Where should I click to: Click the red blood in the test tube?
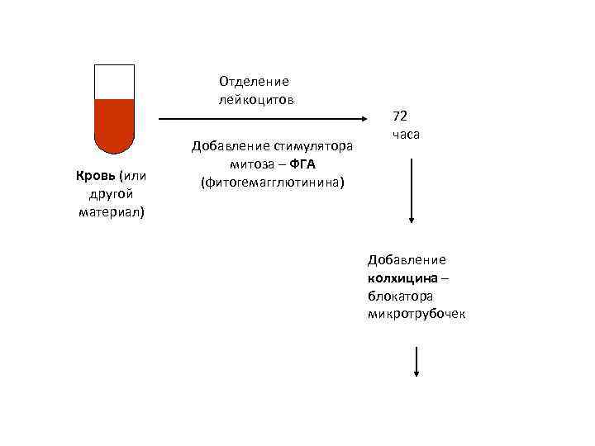click(x=114, y=124)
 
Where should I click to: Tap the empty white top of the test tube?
click(x=114, y=82)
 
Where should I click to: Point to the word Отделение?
click(x=254, y=81)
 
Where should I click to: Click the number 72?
click(x=400, y=115)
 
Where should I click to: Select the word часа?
click(x=405, y=133)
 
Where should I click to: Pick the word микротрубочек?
click(x=416, y=314)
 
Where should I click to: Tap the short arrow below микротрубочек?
click(x=417, y=362)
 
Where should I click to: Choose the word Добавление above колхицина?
click(x=407, y=259)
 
